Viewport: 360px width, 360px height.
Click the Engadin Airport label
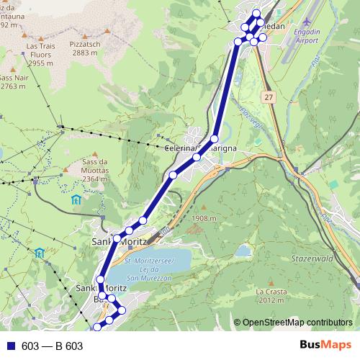click(307, 37)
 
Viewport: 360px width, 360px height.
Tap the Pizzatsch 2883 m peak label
click(85, 48)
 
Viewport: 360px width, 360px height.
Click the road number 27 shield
click(269, 96)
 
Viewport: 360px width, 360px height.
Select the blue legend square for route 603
click(10, 346)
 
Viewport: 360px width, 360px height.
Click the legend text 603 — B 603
click(53, 346)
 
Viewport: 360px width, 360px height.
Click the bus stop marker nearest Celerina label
click(197, 156)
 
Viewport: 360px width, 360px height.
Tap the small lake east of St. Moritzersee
click(244, 251)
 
